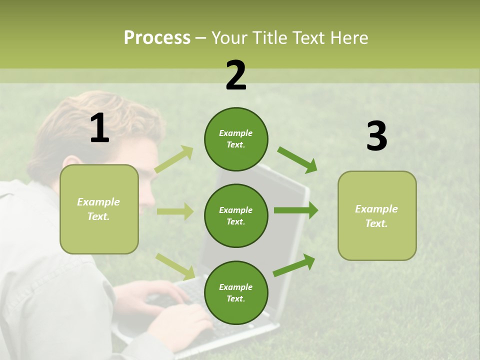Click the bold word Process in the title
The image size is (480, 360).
(x=157, y=38)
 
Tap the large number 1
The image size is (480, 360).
(x=99, y=128)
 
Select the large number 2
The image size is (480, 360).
(x=236, y=75)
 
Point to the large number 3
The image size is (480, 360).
(x=376, y=136)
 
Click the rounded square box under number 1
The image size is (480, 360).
(x=99, y=209)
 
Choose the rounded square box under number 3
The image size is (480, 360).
(x=377, y=215)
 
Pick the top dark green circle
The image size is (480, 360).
(x=236, y=139)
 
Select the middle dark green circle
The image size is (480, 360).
(x=236, y=215)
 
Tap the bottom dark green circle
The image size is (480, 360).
(x=236, y=292)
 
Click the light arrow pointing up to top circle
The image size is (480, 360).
(x=174, y=159)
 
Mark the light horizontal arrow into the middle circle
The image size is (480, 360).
(x=175, y=211)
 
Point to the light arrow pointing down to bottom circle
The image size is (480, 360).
(x=175, y=266)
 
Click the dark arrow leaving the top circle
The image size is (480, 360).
(x=297, y=159)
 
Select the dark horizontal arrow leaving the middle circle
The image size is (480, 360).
(x=295, y=210)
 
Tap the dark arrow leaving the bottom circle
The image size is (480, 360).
(x=294, y=265)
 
